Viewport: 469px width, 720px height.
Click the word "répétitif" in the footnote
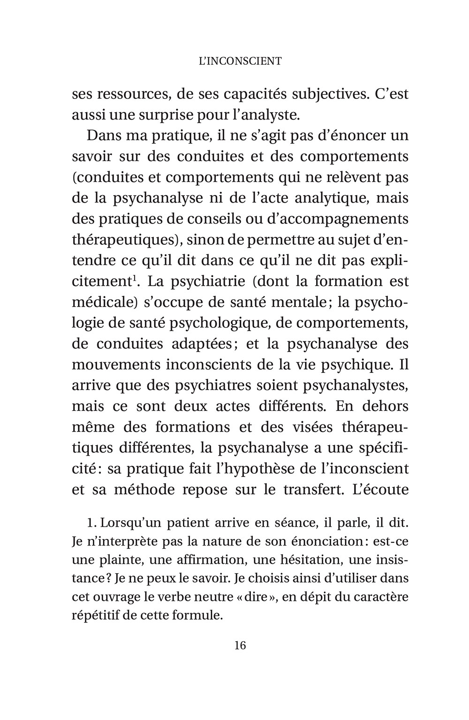[x=98, y=615]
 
